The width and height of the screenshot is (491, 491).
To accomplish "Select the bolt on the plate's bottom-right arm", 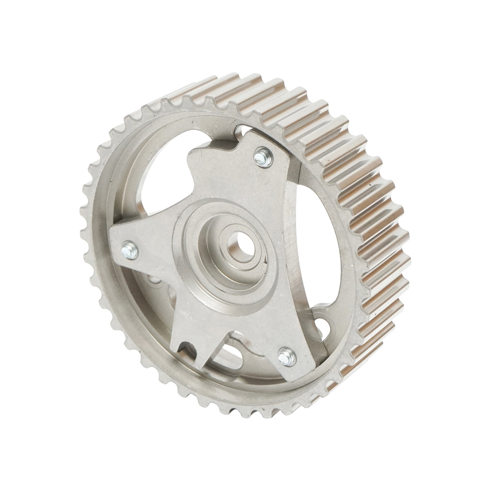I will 284,354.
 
